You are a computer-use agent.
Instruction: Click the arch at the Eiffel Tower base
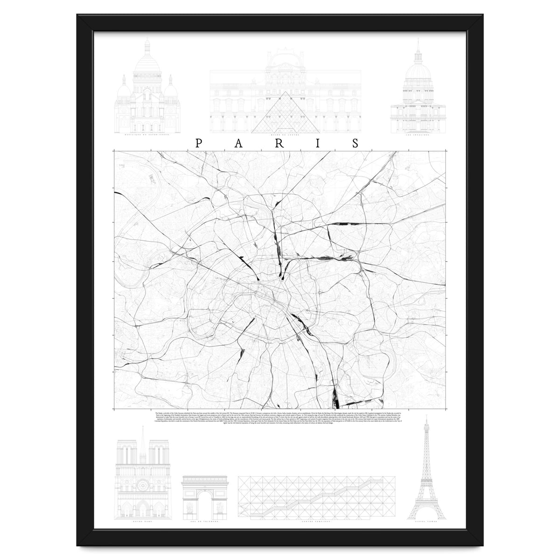pyautogui.click(x=427, y=513)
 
